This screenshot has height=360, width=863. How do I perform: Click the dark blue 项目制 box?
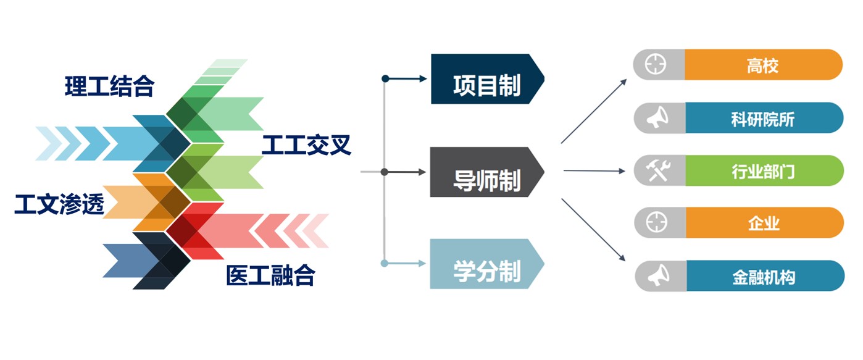point(486,79)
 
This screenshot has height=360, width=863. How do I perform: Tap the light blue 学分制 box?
point(486,264)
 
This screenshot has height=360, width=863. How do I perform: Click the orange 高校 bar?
point(763,65)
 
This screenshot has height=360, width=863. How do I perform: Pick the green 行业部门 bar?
point(763,171)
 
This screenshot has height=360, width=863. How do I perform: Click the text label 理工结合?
point(109,86)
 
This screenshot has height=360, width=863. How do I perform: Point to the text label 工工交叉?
point(306,145)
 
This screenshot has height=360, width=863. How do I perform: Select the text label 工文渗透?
point(59,204)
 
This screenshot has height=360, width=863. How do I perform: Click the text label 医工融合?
point(270,275)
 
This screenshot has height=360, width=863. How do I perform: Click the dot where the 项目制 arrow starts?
point(385,78)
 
